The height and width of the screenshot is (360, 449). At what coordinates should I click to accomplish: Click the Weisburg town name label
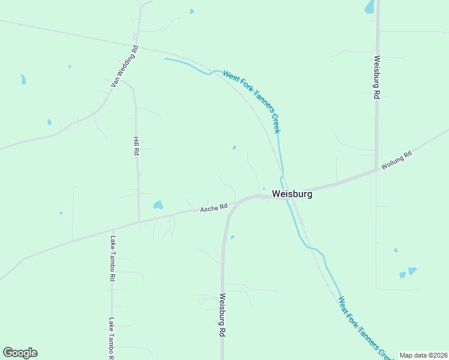click(x=292, y=194)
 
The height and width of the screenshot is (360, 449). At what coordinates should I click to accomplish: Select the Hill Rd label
click(x=136, y=145)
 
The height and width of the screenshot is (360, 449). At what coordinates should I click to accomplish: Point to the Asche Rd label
click(x=214, y=207)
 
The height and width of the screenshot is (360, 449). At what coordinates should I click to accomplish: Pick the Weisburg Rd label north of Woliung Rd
click(x=376, y=77)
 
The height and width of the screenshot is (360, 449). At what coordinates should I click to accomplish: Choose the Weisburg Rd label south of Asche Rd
click(x=222, y=314)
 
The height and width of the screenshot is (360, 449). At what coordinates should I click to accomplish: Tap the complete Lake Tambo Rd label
click(x=112, y=259)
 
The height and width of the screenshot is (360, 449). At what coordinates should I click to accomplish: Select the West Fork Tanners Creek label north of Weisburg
click(x=252, y=101)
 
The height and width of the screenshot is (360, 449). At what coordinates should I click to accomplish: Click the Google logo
click(x=20, y=353)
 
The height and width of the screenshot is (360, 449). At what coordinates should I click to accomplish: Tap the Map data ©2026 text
click(x=423, y=355)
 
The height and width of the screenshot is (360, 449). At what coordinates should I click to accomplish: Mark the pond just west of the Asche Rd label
click(x=158, y=205)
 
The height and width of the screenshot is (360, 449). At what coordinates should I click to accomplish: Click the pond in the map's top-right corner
click(x=369, y=7)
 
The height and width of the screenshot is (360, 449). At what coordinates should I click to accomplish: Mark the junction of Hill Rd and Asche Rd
click(x=139, y=222)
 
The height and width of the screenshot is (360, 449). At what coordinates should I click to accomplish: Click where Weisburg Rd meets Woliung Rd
click(x=377, y=170)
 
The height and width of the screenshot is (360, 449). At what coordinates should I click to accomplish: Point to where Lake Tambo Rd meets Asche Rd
click(x=112, y=229)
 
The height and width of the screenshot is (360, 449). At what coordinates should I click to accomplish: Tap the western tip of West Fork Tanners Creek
click(x=166, y=59)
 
